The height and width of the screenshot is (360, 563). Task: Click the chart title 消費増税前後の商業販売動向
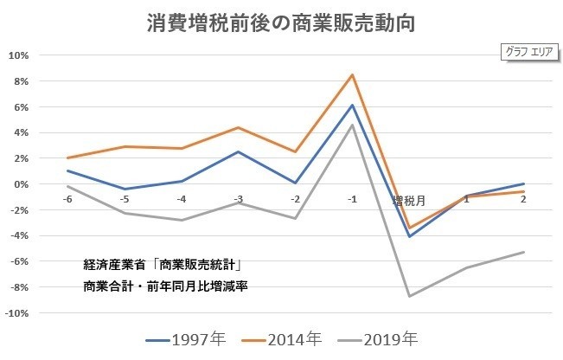(281, 22)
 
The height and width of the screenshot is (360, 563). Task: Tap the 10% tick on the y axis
(19, 55)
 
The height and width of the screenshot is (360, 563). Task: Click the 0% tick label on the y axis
(21, 184)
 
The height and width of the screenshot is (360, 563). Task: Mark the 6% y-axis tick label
(21, 106)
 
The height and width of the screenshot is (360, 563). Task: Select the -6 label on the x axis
(67, 199)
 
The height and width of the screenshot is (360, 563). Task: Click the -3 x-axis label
(238, 199)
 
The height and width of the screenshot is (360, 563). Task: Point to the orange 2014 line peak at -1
(353, 74)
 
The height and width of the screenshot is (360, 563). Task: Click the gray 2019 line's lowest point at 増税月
(409, 296)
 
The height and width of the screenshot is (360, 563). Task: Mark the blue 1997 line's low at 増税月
(409, 236)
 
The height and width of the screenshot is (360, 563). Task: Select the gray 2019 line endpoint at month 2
(523, 252)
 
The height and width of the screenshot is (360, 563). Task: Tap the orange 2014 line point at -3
(239, 127)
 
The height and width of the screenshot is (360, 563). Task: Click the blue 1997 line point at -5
(125, 189)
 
